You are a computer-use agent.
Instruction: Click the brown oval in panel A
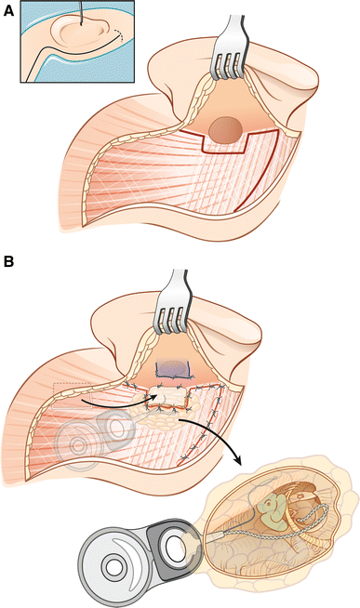(223, 129)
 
